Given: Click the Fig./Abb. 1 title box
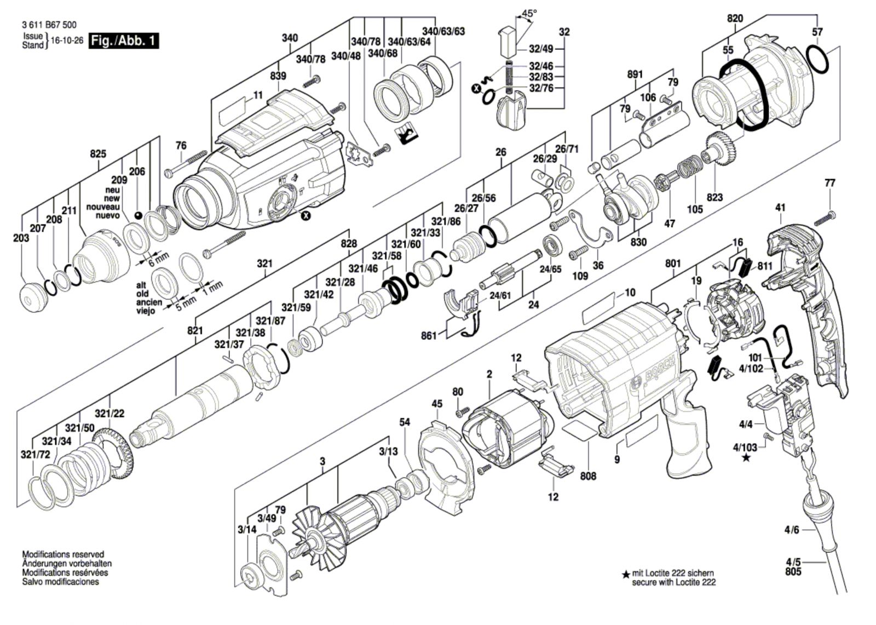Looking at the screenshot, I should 124,41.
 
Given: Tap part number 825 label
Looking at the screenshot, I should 98,154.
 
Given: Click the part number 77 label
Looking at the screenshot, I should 830,183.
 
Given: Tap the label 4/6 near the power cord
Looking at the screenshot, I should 792,530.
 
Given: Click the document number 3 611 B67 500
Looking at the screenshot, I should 49,25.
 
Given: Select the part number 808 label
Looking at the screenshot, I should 588,476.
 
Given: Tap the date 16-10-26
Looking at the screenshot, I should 66,41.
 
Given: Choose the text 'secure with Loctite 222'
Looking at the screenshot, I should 673,582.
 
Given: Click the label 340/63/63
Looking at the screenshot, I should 443,31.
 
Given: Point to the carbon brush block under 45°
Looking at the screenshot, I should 509,41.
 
